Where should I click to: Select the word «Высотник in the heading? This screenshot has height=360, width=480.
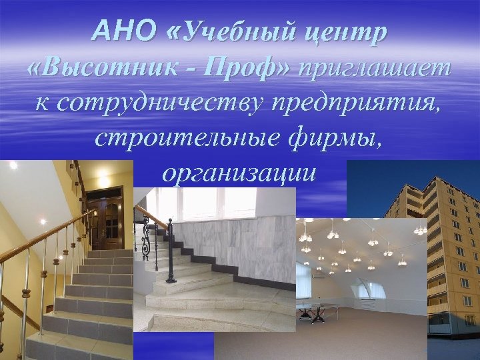pos(98,69)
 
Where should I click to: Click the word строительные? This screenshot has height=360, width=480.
pos(189,140)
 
